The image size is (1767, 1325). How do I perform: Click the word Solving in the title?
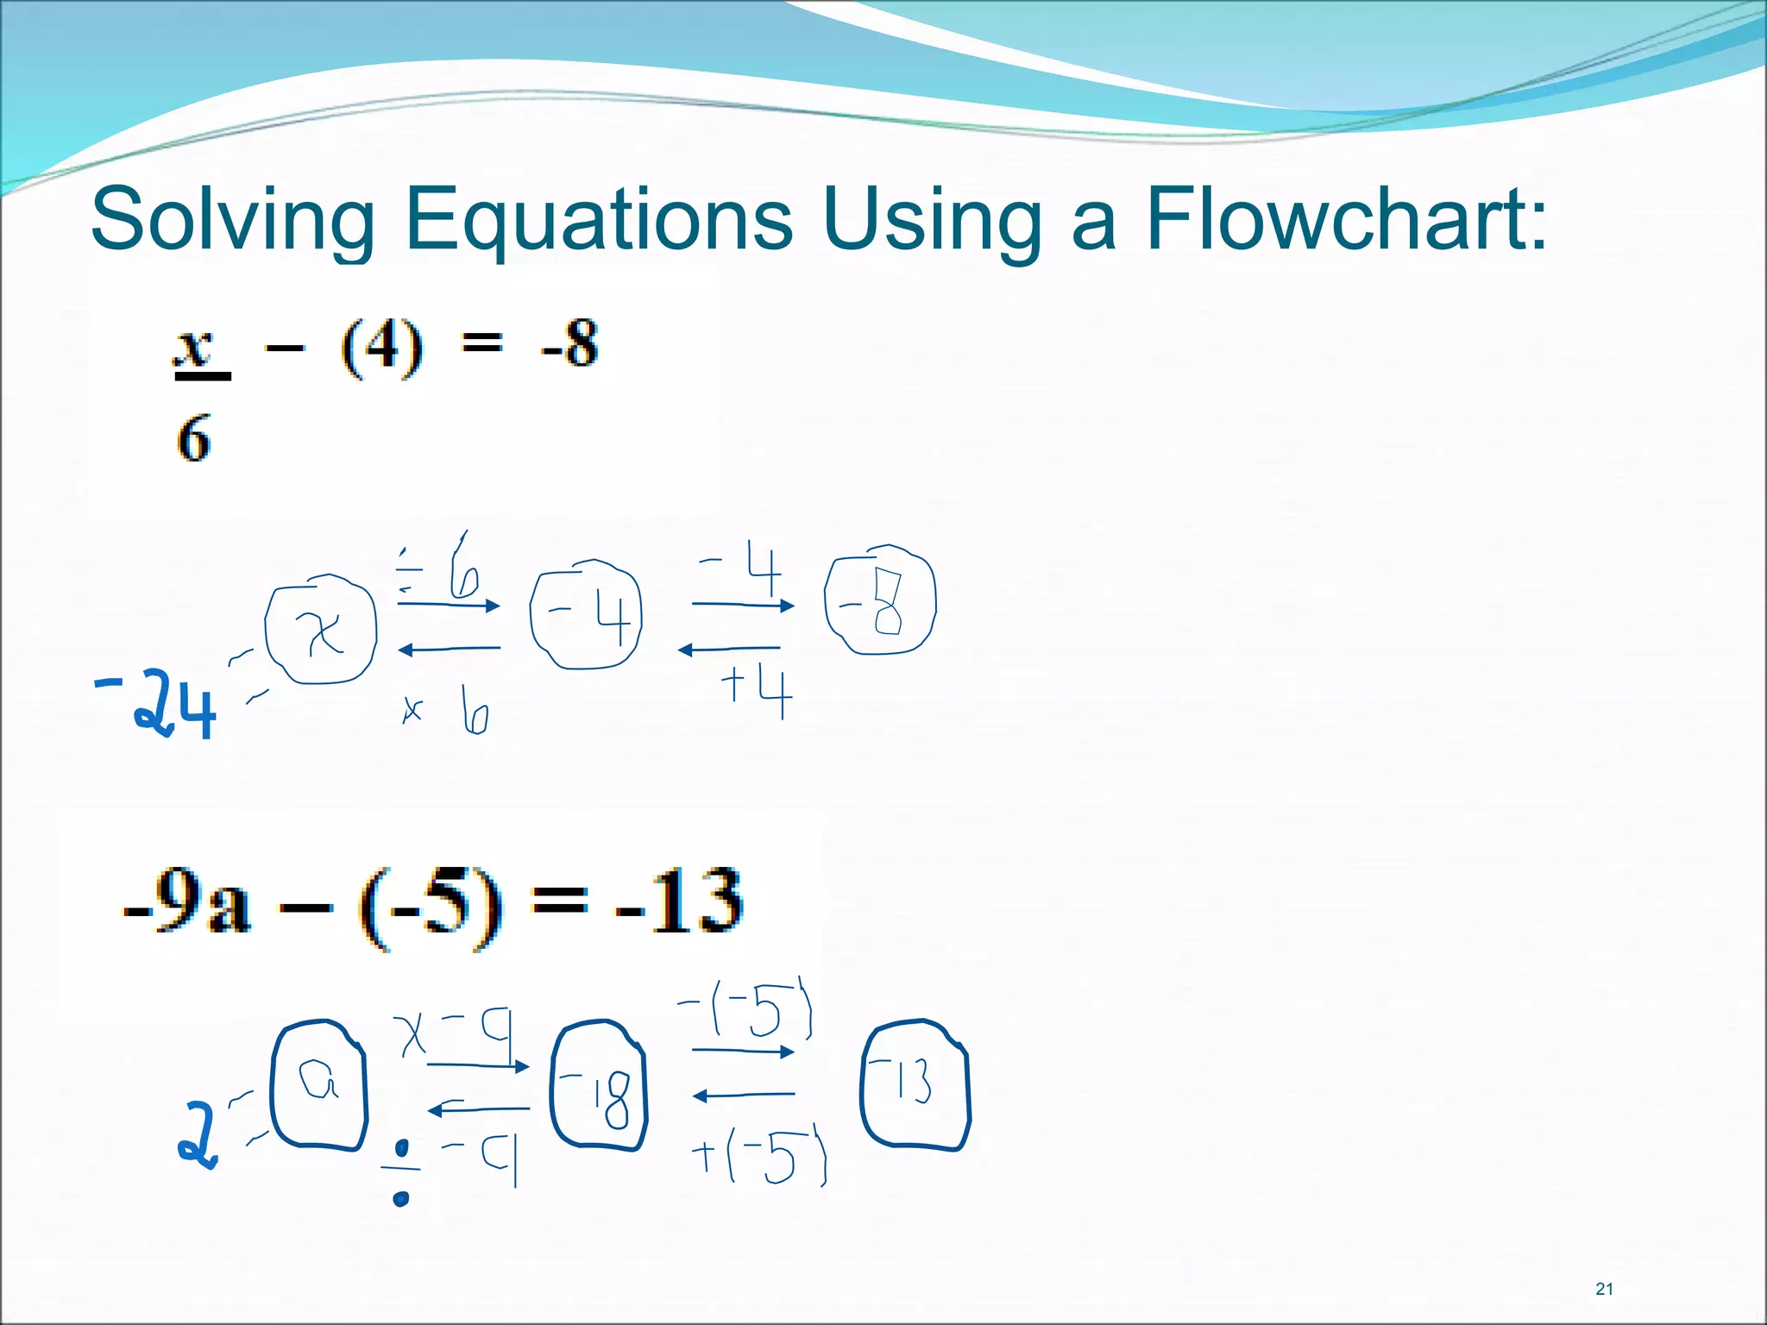[233, 219]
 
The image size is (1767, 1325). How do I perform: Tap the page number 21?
[1604, 1289]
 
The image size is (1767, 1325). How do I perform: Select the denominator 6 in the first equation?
[194, 438]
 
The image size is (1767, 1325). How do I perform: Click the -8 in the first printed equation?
[570, 345]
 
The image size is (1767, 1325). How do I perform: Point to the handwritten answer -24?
[157, 706]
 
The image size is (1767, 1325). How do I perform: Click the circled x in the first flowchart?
[320, 634]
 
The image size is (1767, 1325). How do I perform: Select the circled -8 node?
[879, 601]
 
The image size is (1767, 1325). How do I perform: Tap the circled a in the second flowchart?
[318, 1084]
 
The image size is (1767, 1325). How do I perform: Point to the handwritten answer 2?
[198, 1135]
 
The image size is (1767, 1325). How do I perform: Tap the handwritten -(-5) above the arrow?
[747, 1009]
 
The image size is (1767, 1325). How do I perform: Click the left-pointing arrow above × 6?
[449, 649]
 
